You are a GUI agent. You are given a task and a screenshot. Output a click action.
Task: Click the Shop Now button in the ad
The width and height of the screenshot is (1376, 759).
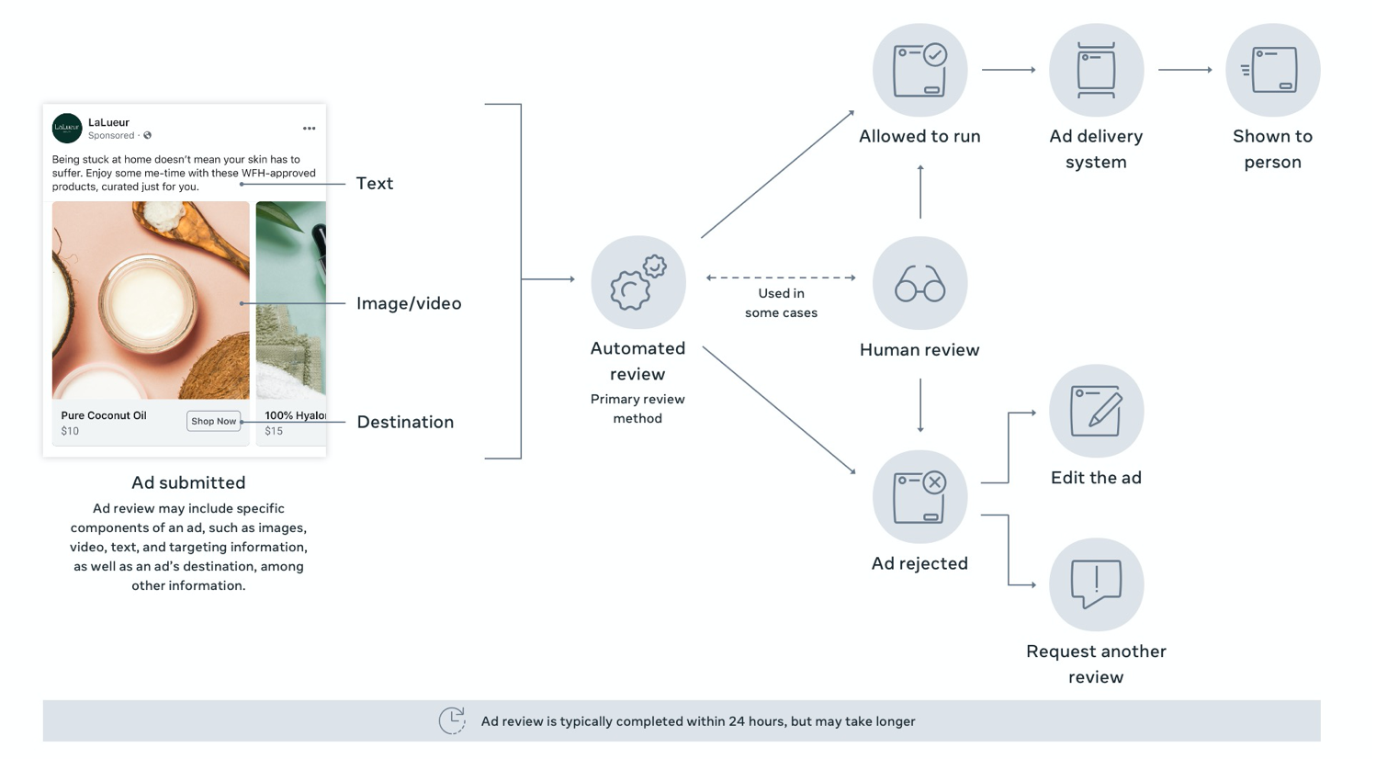[213, 421]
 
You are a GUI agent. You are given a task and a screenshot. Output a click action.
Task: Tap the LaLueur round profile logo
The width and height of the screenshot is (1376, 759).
[67, 128]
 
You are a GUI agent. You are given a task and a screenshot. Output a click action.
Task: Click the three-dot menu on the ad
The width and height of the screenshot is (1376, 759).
[309, 129]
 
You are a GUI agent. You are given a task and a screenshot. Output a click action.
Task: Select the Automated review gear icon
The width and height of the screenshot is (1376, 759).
[638, 282]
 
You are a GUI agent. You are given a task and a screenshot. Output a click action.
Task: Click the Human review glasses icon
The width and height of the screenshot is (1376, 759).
[919, 283]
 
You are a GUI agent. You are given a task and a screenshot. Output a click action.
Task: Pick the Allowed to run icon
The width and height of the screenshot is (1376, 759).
[919, 70]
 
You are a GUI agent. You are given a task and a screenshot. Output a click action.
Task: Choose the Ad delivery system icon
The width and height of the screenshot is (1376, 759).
[1096, 70]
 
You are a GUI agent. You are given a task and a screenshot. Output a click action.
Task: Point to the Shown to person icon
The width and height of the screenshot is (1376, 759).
[1272, 70]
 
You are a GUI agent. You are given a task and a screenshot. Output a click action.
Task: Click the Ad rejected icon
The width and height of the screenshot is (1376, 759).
[919, 496]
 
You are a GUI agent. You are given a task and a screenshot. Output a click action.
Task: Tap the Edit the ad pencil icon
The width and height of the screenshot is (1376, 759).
[1096, 411]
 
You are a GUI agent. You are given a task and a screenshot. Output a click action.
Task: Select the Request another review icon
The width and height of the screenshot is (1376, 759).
[1096, 583]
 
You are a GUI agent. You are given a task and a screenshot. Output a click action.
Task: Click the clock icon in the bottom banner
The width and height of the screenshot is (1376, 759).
[452, 720]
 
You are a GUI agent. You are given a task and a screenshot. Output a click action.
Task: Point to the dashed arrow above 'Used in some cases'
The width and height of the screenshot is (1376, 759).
[781, 278]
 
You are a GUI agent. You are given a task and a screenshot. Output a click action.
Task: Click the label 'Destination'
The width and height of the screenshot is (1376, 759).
[405, 422]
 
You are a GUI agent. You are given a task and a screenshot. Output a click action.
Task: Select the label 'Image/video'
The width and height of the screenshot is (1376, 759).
[409, 303]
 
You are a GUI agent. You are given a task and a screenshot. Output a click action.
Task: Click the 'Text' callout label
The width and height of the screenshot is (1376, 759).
[375, 184]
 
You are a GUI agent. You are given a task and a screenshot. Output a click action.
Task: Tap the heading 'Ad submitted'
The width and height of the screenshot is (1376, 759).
[188, 482]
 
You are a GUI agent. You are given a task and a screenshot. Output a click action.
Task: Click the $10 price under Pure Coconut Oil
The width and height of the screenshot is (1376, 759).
[70, 431]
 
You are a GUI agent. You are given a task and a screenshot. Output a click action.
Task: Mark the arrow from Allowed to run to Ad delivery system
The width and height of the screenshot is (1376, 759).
[1009, 70]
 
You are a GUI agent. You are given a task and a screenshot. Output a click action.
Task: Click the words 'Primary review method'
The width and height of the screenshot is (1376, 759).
[637, 409]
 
